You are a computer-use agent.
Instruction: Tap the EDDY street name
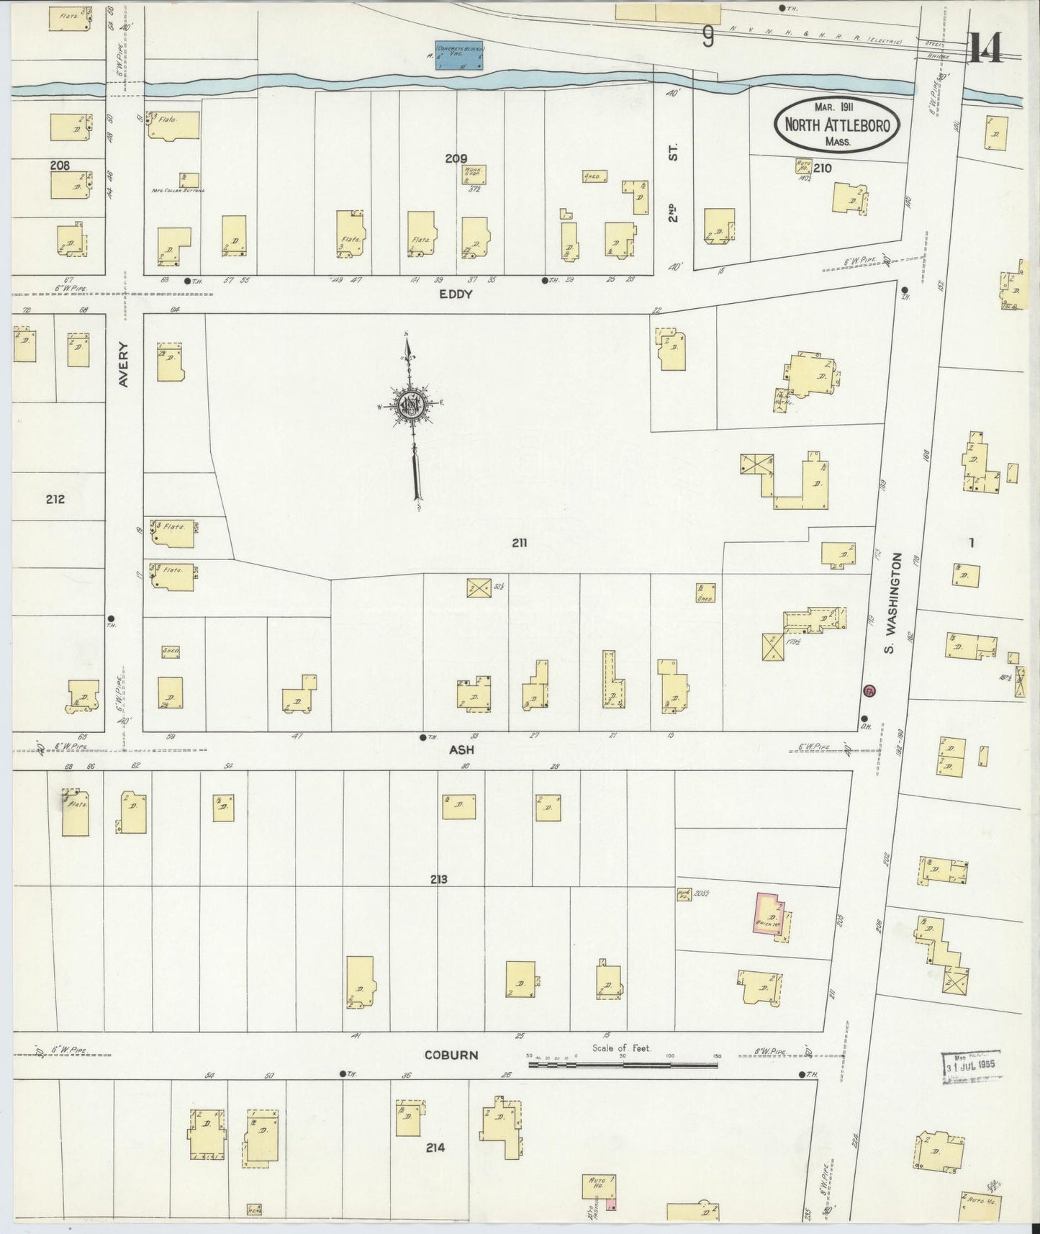coord(456,294)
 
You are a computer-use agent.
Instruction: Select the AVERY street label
coord(123,364)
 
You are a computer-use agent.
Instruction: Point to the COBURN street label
coord(451,1055)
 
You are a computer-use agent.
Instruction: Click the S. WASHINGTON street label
coord(892,603)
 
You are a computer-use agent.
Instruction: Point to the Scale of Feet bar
coord(612,1063)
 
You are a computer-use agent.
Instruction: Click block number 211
coord(520,544)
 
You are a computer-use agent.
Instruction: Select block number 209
coord(456,158)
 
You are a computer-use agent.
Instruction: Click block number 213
coord(438,879)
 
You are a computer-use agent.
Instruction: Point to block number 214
coord(435,1148)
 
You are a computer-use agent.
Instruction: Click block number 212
coord(55,499)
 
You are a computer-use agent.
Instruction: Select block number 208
coord(60,166)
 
